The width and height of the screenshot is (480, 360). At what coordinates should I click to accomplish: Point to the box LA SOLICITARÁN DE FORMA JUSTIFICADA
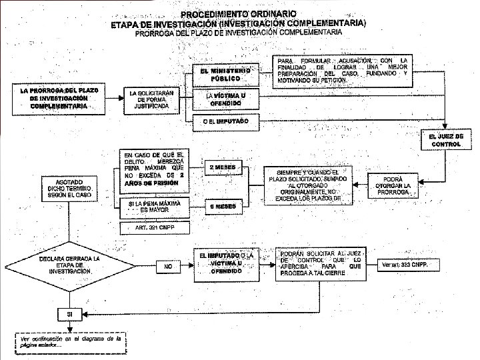153,99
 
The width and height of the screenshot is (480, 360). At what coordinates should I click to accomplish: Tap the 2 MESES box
222,167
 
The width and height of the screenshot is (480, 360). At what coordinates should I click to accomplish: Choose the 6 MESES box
222,207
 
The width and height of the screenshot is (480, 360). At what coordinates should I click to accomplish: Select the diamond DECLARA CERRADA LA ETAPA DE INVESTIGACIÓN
69,265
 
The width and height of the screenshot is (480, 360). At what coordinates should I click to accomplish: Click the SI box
69,313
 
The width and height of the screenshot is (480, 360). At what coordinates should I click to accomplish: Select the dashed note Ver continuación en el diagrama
70,341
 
